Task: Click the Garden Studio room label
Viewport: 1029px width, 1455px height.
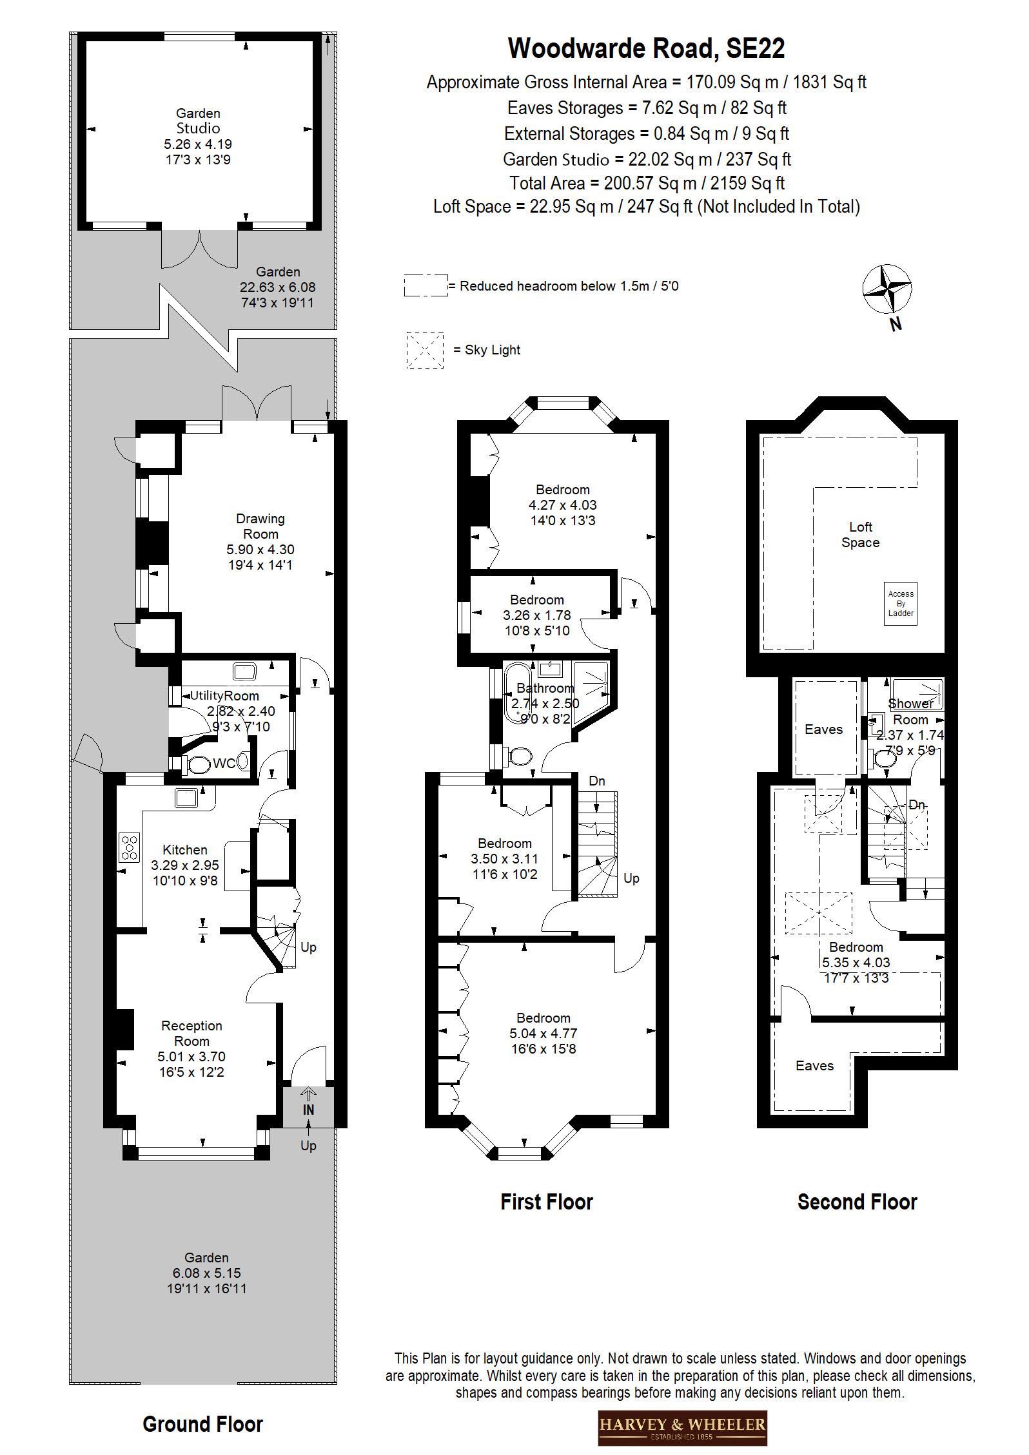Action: (x=198, y=121)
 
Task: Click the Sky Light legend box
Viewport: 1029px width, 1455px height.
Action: (x=425, y=350)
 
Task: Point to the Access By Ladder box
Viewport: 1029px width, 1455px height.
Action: (x=901, y=604)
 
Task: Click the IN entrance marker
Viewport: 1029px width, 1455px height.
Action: (x=308, y=1110)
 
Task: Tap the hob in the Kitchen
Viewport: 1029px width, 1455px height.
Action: (x=129, y=847)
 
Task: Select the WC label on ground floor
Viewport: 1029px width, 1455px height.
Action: (x=224, y=764)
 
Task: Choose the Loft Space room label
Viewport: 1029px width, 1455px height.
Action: (x=860, y=535)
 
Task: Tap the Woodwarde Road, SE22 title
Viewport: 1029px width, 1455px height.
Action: (x=646, y=48)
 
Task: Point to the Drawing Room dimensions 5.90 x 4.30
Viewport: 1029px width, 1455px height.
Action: (x=260, y=550)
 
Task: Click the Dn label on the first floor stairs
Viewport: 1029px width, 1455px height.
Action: (x=597, y=781)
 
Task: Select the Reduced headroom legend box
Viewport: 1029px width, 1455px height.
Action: (x=426, y=285)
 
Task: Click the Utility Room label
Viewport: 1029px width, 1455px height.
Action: (x=224, y=696)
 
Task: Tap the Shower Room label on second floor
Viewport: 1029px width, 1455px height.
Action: (x=910, y=711)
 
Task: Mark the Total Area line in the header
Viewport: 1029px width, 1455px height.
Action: (x=647, y=183)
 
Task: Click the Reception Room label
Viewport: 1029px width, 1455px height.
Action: (x=191, y=1033)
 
